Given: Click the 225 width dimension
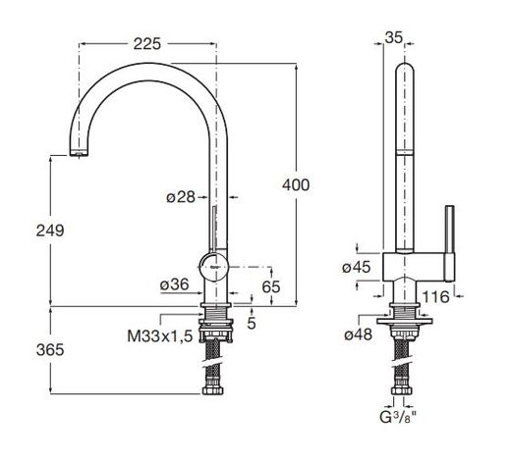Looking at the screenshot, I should pyautogui.click(x=145, y=43).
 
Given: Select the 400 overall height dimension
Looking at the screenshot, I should pyautogui.click(x=296, y=183).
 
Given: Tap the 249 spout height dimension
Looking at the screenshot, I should pyautogui.click(x=49, y=231).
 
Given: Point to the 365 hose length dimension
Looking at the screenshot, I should pyautogui.click(x=49, y=350).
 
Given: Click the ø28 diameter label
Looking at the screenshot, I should pyautogui.click(x=182, y=197).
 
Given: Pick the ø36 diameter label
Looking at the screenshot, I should pyautogui.click(x=175, y=285).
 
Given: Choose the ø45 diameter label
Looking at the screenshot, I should pyautogui.click(x=357, y=267).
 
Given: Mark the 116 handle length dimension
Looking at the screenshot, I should pyautogui.click(x=437, y=295).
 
